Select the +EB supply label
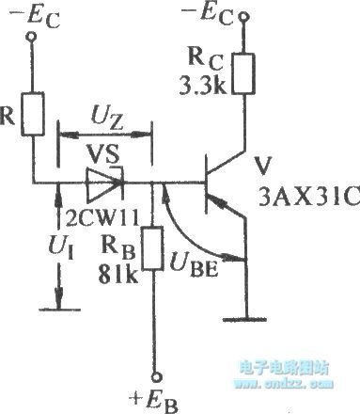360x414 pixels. click(153, 397)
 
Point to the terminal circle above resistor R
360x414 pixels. click(34, 36)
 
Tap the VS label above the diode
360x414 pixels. click(101, 151)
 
